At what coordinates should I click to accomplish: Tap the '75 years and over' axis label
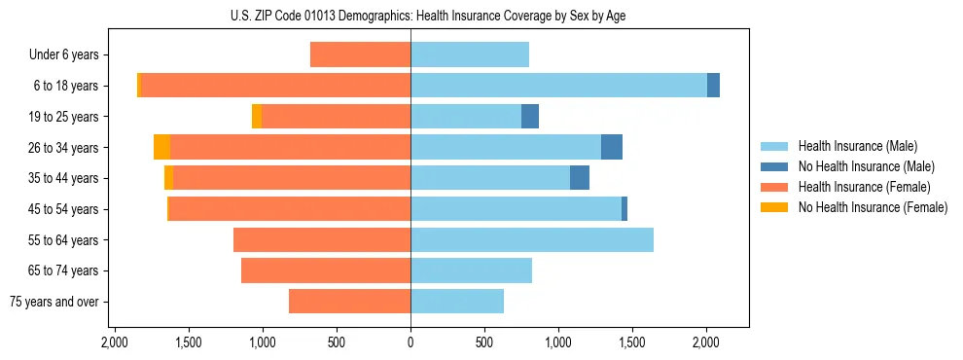point(53,302)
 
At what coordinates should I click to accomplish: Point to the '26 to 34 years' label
point(64,147)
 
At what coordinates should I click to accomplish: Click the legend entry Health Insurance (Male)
point(856,147)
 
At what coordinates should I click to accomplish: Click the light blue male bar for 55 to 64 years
point(531,239)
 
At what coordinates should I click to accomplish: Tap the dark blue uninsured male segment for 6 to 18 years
point(713,86)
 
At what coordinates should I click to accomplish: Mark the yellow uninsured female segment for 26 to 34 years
point(161,147)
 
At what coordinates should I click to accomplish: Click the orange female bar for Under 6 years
point(360,54)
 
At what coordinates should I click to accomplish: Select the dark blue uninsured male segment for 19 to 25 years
point(530,117)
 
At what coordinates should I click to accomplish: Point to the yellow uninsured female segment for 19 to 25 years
point(257,117)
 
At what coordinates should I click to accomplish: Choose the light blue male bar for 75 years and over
point(457,302)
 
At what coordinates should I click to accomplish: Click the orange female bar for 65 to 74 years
point(326,270)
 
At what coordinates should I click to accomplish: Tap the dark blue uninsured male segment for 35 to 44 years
point(580,178)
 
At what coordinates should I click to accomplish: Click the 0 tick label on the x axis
point(410,342)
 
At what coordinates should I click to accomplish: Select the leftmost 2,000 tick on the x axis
point(115,342)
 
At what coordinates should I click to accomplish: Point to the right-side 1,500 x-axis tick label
point(632,342)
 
